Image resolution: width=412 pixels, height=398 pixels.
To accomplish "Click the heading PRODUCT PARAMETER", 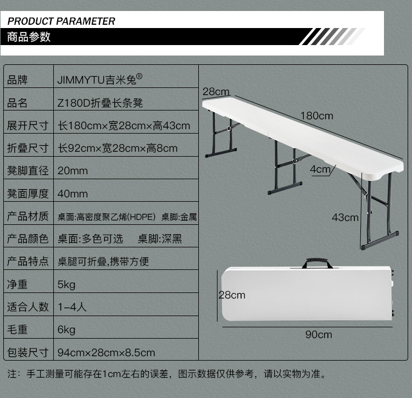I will click(x=61, y=21).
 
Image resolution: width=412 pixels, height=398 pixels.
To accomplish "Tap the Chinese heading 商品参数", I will click(x=29, y=37).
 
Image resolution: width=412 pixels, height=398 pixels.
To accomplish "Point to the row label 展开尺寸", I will click(x=28, y=125).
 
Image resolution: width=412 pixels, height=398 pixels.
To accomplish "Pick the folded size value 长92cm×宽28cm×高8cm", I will click(x=118, y=148).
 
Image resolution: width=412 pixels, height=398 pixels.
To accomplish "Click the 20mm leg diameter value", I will click(x=73, y=171).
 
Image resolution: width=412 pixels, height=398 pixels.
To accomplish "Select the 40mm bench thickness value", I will click(x=73, y=194).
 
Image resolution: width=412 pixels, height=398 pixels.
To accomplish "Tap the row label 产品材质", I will click(x=28, y=216).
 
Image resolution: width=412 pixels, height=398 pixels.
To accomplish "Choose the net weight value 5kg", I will click(x=66, y=284).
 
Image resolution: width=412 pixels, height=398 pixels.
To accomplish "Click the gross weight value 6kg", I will click(x=66, y=330).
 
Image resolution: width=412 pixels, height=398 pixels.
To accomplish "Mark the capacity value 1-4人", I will click(x=72, y=307).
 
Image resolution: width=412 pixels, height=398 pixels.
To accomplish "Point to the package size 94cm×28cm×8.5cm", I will click(x=107, y=352).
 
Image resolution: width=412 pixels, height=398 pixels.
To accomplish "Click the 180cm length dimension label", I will click(x=316, y=116).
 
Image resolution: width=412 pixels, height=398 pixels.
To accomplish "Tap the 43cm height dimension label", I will click(x=345, y=217).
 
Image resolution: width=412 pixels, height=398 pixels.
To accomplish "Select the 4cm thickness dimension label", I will click(x=320, y=169).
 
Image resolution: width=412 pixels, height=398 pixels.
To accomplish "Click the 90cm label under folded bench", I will click(x=319, y=334).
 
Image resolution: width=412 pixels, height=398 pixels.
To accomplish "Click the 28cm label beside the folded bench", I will click(x=232, y=295).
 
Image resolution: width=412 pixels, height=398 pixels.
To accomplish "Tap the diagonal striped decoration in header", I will click(x=332, y=36).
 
